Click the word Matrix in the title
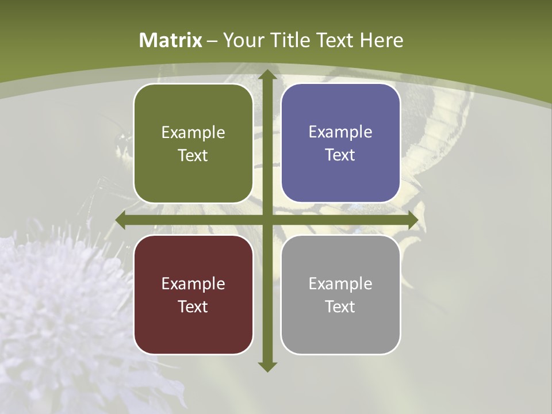pos(171,40)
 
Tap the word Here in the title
pos(381,40)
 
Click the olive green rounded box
pos(193,144)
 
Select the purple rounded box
pos(340,144)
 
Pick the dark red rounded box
pos(193,294)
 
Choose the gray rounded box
pos(340,294)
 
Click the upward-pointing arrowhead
pos(267,75)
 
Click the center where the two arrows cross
pos(267,220)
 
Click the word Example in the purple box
pos(340,132)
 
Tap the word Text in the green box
pos(193,156)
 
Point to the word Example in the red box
pos(193,283)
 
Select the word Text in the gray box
pos(340,306)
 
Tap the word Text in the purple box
pos(340,155)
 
